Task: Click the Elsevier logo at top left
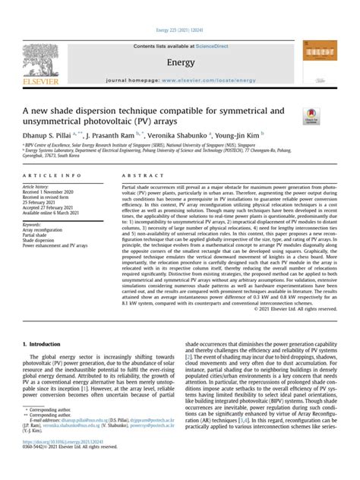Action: (39, 62)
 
